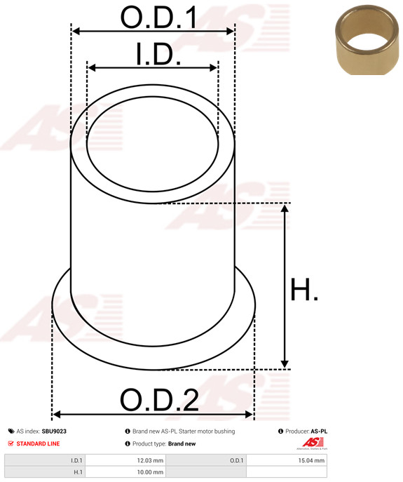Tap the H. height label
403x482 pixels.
coord(304,290)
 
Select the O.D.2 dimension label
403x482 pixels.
coord(159,401)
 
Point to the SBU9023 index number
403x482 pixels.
coord(54,431)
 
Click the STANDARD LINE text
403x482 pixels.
coord(39,443)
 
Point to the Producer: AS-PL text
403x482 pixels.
coord(306,431)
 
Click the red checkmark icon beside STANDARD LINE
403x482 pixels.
coord(11,443)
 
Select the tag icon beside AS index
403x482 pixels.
coord(11,431)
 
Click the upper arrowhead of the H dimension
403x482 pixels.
coord(285,208)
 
